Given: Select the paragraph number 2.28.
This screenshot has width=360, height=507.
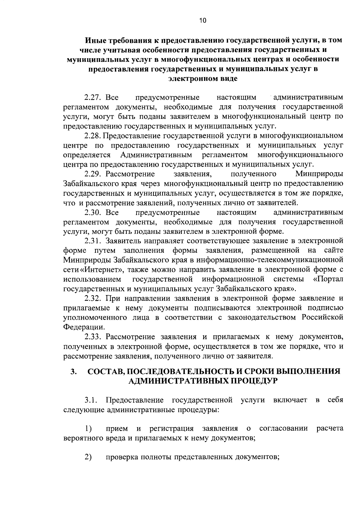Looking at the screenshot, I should (93, 136).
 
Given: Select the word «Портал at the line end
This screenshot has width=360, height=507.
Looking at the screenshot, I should (328, 279).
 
